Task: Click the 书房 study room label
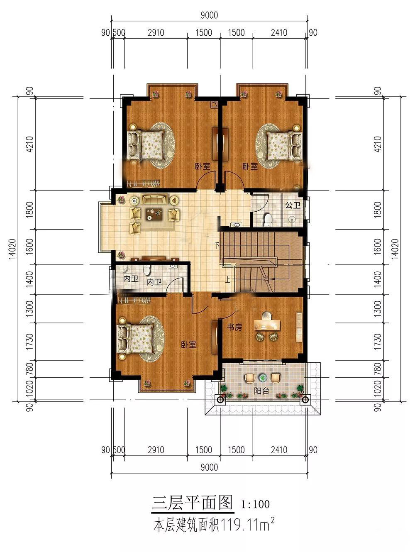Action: (x=234, y=327)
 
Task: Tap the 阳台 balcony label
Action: (x=261, y=391)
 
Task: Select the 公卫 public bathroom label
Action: (x=293, y=205)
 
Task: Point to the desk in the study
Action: (x=267, y=325)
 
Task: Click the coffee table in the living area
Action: (x=154, y=214)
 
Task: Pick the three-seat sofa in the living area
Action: (x=155, y=199)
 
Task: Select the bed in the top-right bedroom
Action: (x=285, y=146)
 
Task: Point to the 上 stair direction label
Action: (x=227, y=280)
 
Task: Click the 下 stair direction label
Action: (x=217, y=245)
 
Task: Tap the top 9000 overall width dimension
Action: (x=209, y=15)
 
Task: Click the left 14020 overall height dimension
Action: (x=12, y=249)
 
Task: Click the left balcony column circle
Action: (x=220, y=399)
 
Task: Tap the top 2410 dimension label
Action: (x=279, y=33)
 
